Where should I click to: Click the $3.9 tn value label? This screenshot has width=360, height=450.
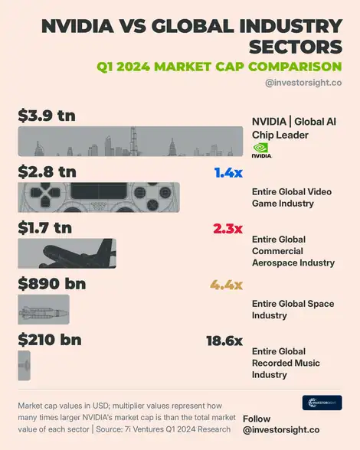(x=47, y=116)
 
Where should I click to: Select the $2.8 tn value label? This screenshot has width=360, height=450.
(x=47, y=171)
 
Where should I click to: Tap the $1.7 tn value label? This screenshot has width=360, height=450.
(x=45, y=227)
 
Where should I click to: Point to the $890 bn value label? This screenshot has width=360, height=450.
(x=52, y=283)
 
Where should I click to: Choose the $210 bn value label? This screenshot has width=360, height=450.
(x=50, y=340)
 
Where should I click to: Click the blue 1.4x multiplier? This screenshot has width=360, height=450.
(x=228, y=173)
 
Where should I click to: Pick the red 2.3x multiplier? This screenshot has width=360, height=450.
(x=227, y=229)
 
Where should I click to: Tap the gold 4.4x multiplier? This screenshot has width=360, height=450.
(x=227, y=285)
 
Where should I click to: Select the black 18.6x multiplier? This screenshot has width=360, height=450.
(x=224, y=341)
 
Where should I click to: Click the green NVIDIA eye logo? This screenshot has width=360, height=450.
(x=260, y=148)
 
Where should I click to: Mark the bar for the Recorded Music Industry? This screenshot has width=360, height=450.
(x=25, y=365)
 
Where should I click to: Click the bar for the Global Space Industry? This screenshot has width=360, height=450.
(x=44, y=309)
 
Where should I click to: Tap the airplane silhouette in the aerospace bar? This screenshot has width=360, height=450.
(x=77, y=254)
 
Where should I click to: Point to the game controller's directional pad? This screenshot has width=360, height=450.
(x=45, y=193)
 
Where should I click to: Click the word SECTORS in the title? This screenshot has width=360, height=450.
(x=296, y=47)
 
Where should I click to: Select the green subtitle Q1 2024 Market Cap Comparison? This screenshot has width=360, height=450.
(x=219, y=67)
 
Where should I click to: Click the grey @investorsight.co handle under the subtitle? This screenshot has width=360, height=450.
(x=303, y=83)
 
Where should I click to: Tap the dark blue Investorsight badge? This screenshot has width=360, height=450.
(x=322, y=403)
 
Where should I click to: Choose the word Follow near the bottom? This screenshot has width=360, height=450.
(x=257, y=419)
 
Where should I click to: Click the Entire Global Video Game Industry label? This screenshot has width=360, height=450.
(x=292, y=197)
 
